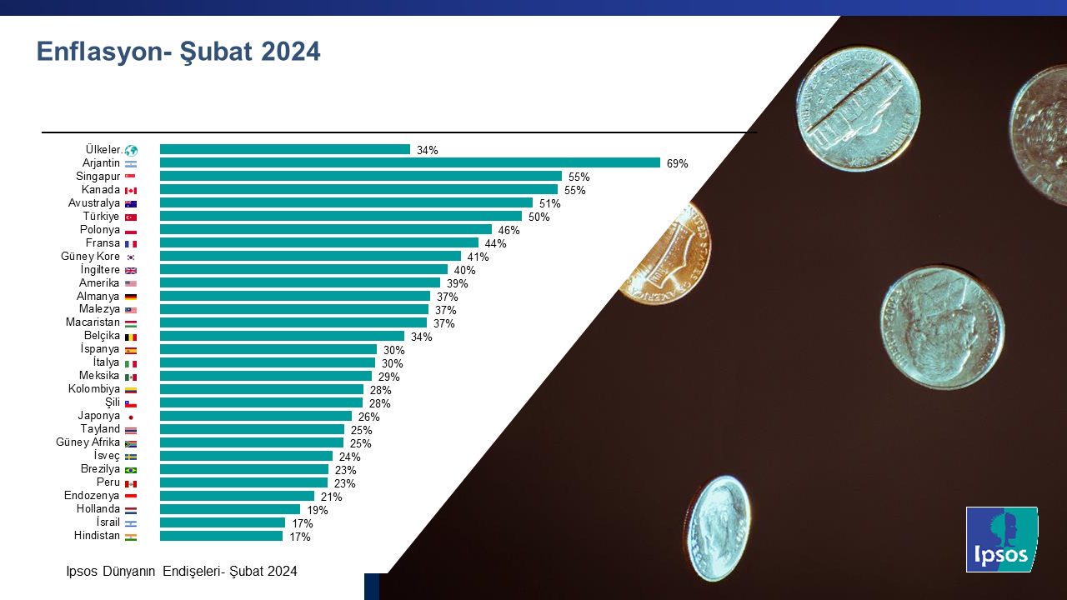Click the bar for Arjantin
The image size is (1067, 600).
409,162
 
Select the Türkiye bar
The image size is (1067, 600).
340,216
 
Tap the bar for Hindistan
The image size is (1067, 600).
221,536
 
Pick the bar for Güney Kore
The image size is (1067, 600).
310,256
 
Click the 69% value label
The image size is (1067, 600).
677,163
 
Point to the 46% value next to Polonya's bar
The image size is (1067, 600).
508,230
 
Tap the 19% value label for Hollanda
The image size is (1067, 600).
317,510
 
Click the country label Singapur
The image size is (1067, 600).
98,176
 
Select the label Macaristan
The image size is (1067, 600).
93,322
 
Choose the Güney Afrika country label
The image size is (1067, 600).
88,442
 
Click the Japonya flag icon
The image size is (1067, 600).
131,417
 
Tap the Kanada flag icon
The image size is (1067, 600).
131,190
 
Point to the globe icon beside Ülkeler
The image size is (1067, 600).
131,150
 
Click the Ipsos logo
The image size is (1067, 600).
1001,539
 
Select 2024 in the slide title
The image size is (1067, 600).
290,52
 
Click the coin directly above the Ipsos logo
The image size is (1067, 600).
942,327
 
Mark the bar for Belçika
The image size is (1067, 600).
282,336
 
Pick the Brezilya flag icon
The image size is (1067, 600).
131,470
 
